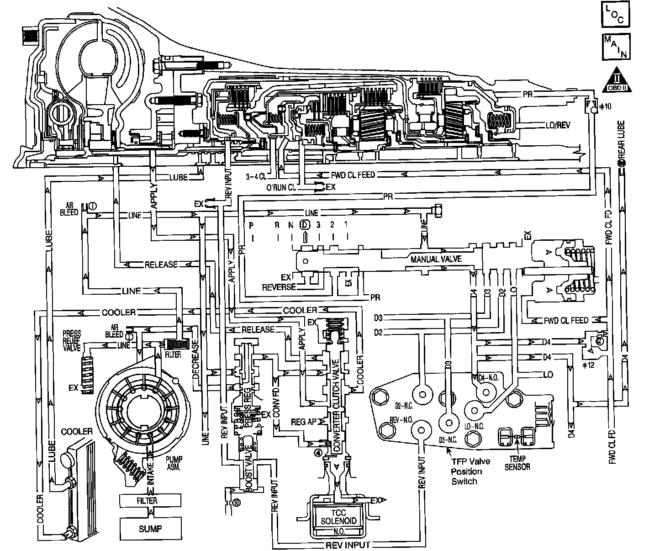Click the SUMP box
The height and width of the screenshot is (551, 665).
click(x=150, y=529)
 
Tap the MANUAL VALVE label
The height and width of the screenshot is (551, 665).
click(x=436, y=259)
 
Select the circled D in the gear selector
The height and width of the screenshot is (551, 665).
click(x=305, y=225)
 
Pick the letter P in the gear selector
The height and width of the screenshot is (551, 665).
click(x=251, y=225)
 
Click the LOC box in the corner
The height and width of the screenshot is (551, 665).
click(x=616, y=15)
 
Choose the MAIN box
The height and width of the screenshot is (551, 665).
click(x=616, y=47)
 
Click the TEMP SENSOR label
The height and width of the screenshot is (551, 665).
click(x=517, y=463)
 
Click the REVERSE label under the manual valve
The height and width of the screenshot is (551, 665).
click(x=279, y=287)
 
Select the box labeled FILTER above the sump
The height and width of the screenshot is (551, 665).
click(x=147, y=500)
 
